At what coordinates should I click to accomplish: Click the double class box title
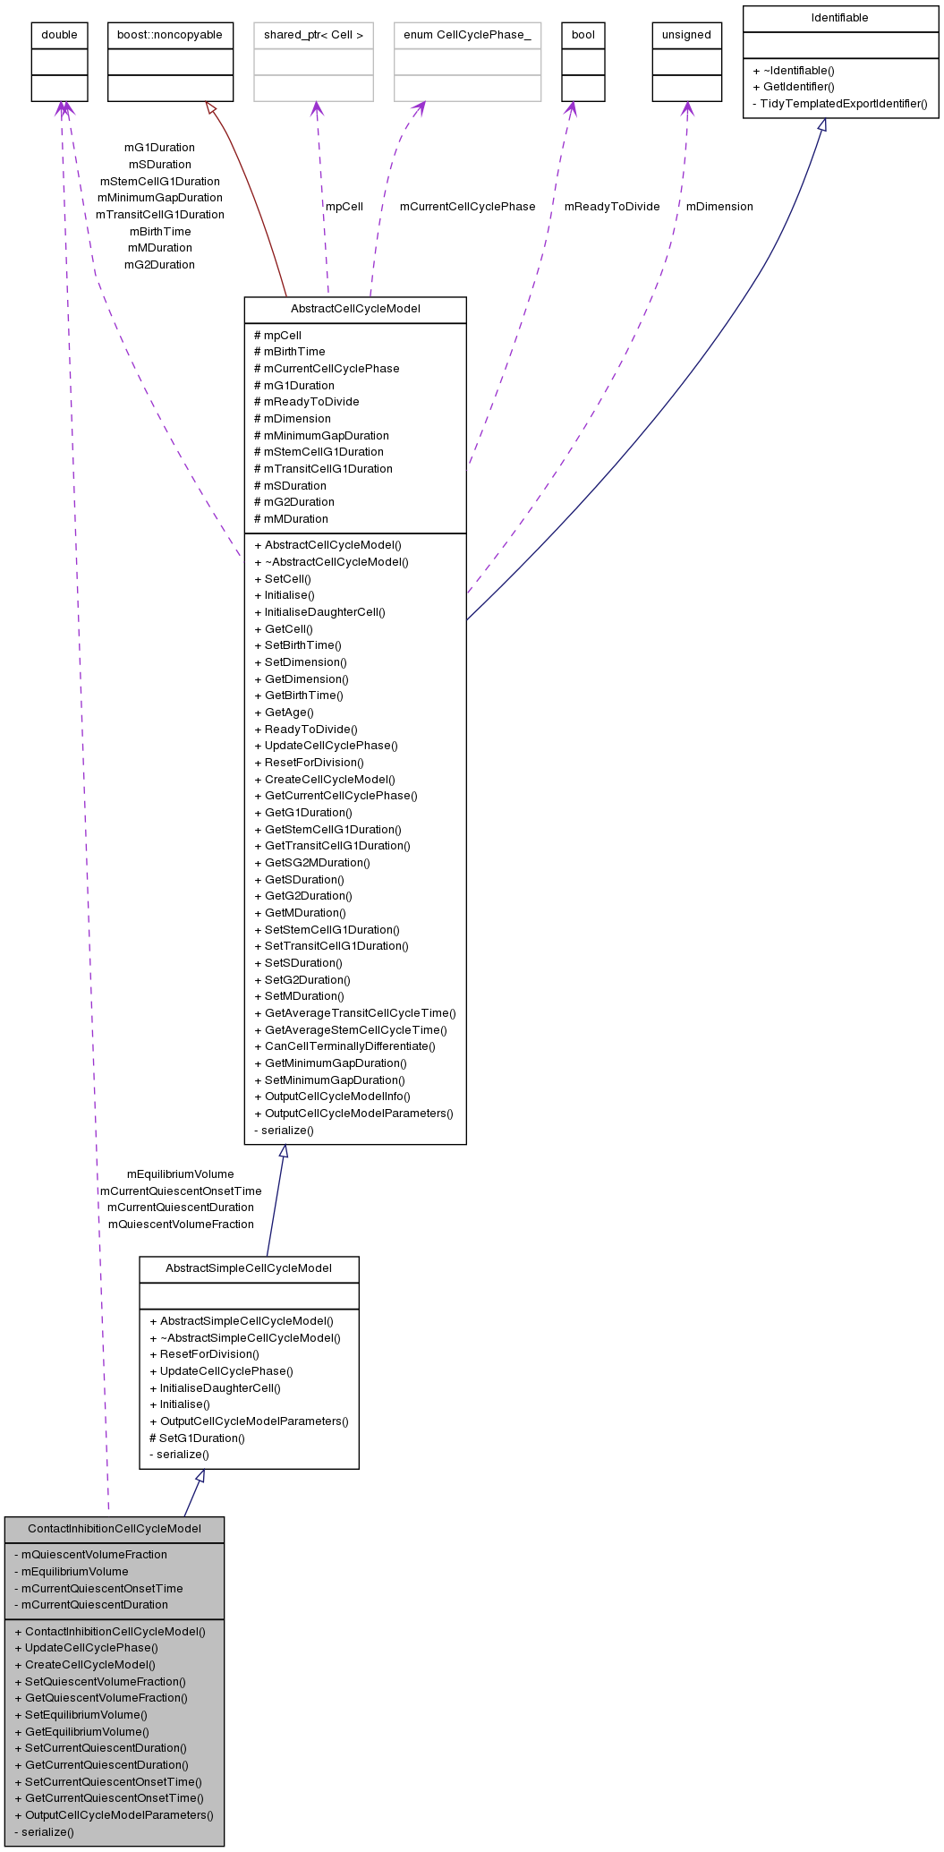(x=59, y=35)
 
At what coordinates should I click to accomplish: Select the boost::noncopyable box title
(x=170, y=35)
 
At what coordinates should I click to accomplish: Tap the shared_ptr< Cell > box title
(x=313, y=35)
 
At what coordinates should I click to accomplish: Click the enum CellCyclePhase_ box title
(x=467, y=35)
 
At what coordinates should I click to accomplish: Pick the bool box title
(x=583, y=35)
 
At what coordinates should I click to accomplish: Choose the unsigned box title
(x=686, y=35)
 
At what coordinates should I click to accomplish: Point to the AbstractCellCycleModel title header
(x=355, y=309)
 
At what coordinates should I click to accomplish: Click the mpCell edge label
(x=344, y=207)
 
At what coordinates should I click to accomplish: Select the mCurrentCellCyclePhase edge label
(x=467, y=207)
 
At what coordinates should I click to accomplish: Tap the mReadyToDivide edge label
(x=611, y=207)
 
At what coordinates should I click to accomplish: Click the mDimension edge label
(x=719, y=207)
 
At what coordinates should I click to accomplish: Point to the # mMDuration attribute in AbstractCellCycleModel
(x=291, y=519)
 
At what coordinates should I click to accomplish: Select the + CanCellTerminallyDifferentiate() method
(x=344, y=1046)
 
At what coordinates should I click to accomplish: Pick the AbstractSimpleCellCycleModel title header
(x=249, y=1268)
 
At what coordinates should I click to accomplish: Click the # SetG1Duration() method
(x=197, y=1438)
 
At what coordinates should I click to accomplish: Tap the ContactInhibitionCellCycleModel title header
(x=115, y=1529)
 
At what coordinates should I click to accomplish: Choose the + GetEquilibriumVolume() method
(x=81, y=1732)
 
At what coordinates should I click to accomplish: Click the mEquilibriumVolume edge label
(x=180, y=1174)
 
